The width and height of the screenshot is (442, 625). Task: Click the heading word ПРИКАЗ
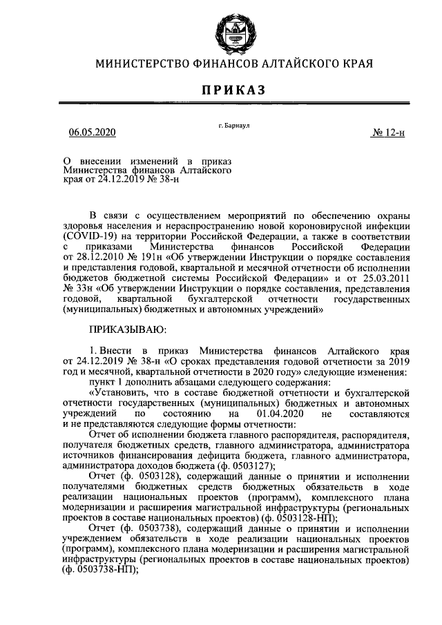click(x=233, y=90)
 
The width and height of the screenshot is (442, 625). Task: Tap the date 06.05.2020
click(x=93, y=132)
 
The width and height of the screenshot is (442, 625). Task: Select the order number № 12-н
click(x=388, y=132)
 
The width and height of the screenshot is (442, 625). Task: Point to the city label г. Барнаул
click(x=233, y=125)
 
